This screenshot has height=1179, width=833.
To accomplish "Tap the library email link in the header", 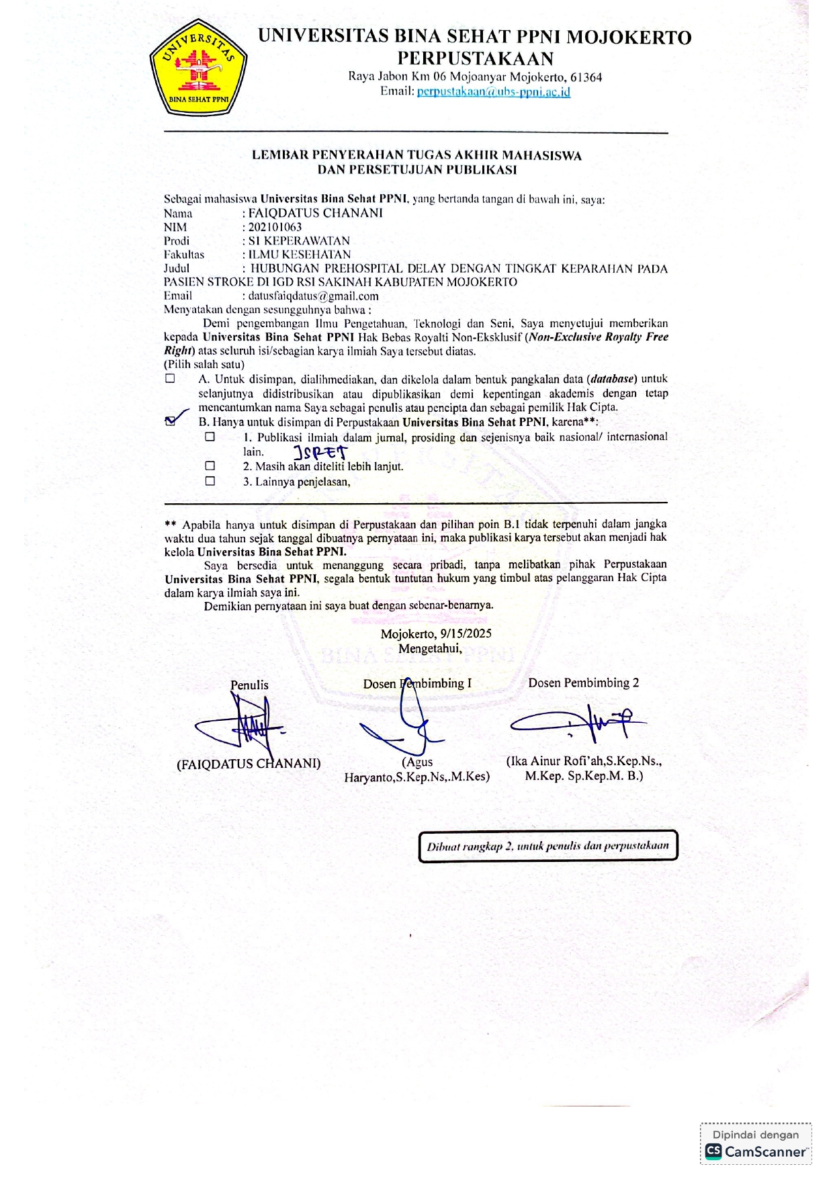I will point(493,92).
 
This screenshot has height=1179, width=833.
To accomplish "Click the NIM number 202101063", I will point(275,227).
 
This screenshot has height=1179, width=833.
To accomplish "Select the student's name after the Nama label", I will point(315,213).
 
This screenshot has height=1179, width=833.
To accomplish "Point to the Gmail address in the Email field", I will point(313,296).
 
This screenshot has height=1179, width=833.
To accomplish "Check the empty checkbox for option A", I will point(170,379).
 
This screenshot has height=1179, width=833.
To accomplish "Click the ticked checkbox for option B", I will point(170,421).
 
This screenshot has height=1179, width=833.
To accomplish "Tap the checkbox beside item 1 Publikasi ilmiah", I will point(210,437).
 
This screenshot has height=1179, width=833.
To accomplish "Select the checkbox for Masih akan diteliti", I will point(210,466).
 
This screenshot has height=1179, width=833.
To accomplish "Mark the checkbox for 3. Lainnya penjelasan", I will point(210,481).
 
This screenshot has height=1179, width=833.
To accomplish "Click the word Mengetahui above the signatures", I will point(430,649).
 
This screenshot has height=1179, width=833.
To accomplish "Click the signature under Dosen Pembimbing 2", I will point(578,722).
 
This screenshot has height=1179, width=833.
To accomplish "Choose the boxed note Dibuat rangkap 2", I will point(547,846).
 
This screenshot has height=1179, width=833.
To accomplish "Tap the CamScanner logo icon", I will point(713,1151).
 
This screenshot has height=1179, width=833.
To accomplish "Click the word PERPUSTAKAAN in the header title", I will point(475,58).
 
